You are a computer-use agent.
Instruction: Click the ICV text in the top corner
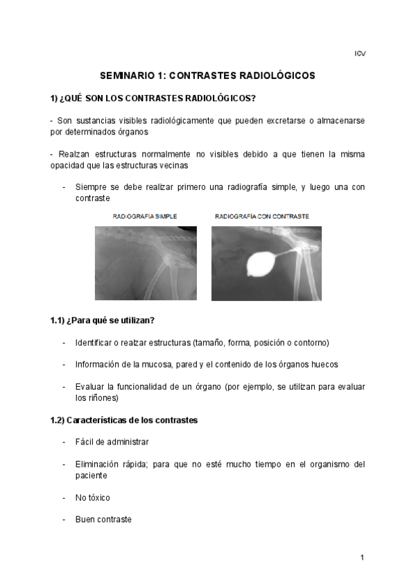(360, 53)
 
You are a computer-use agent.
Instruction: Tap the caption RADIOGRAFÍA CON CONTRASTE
(262, 216)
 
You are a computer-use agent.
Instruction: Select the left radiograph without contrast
(146, 263)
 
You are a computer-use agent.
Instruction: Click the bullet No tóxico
(92, 497)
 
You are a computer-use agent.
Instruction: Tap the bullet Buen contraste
(103, 519)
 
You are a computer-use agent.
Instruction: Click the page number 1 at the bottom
(362, 557)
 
